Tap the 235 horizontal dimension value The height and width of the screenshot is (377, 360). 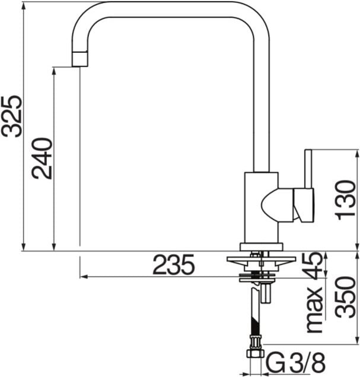click(173, 265)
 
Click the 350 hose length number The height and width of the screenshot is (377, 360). click(346, 297)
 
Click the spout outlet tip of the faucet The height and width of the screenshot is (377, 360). click(79, 59)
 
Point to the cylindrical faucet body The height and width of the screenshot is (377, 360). click(261, 208)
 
